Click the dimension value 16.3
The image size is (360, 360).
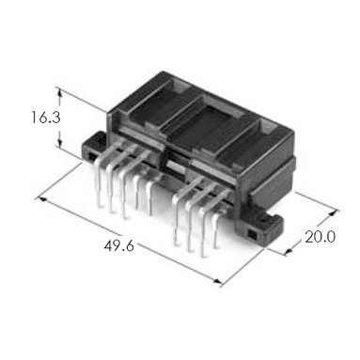coord(46,117)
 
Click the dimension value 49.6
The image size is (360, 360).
coord(119,245)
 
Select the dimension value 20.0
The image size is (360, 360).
coord(320,237)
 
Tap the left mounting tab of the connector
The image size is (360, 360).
coord(94,147)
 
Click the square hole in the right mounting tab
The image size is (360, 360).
coord(251,233)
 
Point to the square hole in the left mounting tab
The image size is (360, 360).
coord(91,156)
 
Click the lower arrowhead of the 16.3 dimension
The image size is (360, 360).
coord(59,144)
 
